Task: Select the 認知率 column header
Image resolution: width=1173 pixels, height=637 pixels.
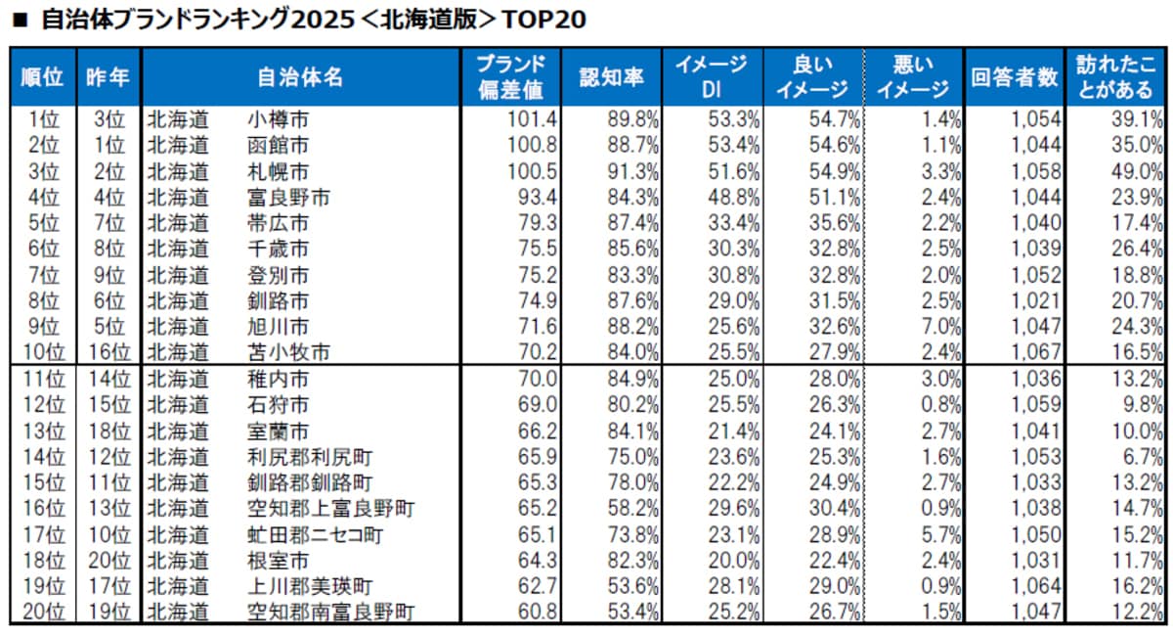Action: pyautogui.click(x=611, y=77)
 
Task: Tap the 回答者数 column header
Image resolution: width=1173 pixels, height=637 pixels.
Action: pyautogui.click(x=1014, y=77)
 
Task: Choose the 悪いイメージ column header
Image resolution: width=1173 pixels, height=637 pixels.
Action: pyautogui.click(x=912, y=77)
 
